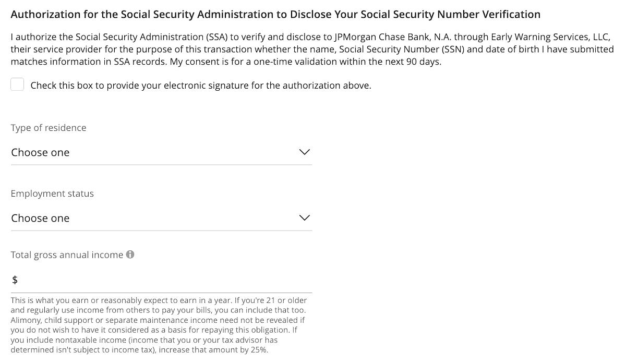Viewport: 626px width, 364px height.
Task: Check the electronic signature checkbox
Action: pos(17,84)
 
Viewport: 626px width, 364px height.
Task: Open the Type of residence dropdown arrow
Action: pos(304,152)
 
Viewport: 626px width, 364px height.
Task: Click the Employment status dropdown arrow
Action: pos(304,217)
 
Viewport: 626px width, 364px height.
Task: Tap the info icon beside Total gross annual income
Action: pos(130,254)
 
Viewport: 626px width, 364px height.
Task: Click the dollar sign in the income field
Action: pos(15,280)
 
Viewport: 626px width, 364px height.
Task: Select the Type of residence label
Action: pos(49,128)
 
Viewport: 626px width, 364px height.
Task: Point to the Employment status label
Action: pos(52,193)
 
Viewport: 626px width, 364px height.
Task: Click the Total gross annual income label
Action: pos(67,255)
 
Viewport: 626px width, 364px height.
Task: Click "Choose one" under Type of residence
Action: pos(40,152)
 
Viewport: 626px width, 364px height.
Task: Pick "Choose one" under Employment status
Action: pos(40,218)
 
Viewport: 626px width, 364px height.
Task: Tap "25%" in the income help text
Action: pos(259,350)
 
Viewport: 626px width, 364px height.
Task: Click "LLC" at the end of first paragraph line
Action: pos(601,37)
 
